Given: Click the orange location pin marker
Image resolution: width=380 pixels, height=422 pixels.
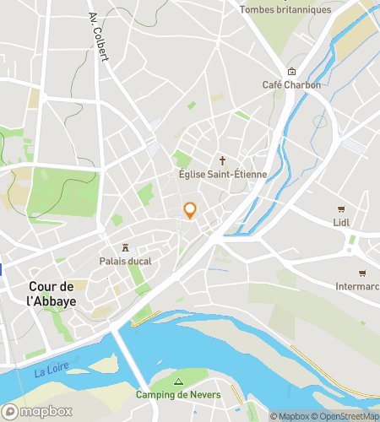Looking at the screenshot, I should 190,210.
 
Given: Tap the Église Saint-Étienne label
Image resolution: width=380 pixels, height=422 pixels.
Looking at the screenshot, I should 223,174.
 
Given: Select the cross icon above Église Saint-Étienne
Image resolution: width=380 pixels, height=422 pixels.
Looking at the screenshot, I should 223,160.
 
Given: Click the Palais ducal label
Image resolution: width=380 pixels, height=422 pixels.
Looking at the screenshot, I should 125,262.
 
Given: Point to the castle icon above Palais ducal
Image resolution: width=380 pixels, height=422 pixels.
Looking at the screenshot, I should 126,247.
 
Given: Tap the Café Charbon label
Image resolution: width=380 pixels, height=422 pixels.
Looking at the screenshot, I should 291,84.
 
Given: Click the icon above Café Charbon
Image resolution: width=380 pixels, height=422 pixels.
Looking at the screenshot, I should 291,71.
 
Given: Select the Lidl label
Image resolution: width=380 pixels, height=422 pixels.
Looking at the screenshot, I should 341,223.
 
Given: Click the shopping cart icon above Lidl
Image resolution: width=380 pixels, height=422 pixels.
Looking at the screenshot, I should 341,208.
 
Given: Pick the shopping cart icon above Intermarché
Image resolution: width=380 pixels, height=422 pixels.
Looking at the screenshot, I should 361,273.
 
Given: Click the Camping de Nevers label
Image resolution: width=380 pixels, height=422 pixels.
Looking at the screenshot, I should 178,395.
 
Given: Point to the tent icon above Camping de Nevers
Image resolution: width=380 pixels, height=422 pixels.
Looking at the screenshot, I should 178,381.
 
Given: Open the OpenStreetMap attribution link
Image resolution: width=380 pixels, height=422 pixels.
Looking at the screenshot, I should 345,416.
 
